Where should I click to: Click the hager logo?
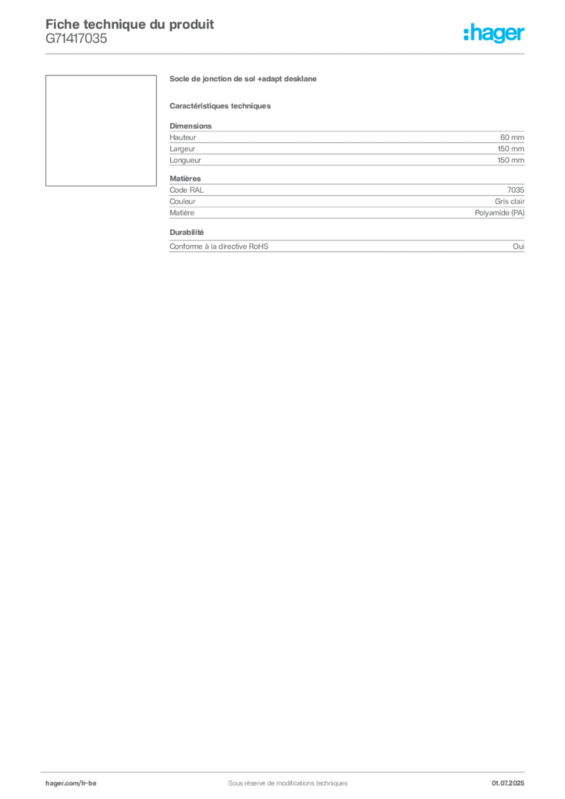(494, 33)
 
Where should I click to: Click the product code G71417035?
(76, 39)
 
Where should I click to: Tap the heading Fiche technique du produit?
(130, 24)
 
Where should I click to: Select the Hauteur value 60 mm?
(512, 137)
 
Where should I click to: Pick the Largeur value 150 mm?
(511, 149)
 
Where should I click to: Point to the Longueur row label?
(185, 160)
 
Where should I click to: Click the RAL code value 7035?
(516, 190)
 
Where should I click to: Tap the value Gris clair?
(510, 201)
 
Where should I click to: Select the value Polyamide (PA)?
(499, 213)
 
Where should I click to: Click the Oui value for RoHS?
(519, 246)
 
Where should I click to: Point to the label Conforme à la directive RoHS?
(219, 246)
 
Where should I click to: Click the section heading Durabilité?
(187, 233)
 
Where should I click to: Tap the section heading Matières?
(185, 179)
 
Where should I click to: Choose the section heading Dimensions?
(190, 126)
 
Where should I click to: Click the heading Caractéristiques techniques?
(220, 106)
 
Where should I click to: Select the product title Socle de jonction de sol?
(212, 79)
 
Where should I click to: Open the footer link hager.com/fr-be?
(71, 783)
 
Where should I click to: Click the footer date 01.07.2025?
(508, 783)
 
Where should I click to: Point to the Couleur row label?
(183, 201)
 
